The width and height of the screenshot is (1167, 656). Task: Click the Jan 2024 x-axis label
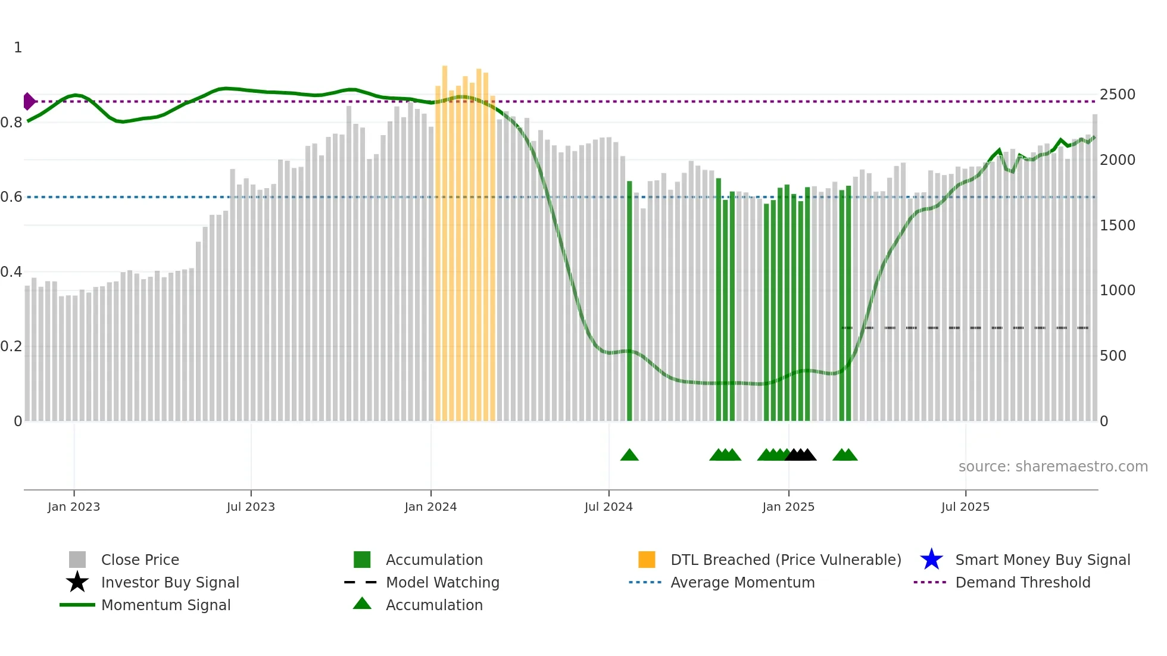(430, 507)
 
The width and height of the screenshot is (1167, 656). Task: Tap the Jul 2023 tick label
(251, 507)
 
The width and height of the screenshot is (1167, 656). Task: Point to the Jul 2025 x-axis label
(965, 507)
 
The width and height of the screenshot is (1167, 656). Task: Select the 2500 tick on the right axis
(1117, 95)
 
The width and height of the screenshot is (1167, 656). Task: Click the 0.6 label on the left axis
(11, 197)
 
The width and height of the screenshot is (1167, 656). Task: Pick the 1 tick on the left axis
(18, 48)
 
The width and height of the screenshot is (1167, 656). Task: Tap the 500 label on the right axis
(1112, 356)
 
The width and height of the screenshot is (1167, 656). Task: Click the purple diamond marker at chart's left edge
(29, 102)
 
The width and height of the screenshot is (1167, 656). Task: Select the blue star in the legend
(931, 560)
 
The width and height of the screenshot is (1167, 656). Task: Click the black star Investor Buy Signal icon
(77, 582)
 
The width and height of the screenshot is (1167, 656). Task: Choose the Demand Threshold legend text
(1022, 583)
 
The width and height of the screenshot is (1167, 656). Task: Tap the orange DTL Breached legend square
(647, 560)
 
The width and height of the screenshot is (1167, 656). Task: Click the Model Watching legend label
(442, 583)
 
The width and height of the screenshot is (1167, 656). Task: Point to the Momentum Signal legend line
(77, 605)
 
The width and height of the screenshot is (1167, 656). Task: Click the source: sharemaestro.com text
(1053, 467)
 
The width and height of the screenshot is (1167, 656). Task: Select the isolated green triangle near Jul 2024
(629, 455)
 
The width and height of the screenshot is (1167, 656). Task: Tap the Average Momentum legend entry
(742, 583)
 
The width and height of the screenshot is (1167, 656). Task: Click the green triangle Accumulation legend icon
(362, 604)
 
